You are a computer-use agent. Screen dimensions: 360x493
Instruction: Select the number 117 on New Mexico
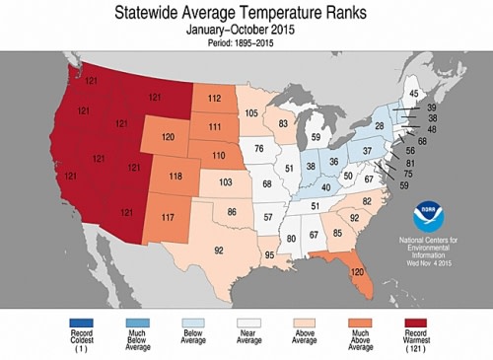[169, 217]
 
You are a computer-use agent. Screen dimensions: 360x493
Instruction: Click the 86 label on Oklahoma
[233, 212]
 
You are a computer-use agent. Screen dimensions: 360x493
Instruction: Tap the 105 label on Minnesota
[250, 114]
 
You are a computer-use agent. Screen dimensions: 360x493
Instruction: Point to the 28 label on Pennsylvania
[378, 127]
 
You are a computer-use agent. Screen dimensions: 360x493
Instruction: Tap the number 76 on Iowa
[259, 149]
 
